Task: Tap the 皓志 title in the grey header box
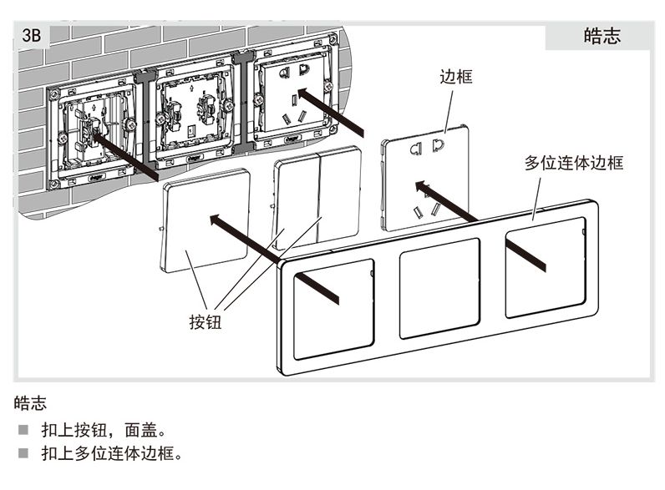[602, 36]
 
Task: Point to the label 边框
[456, 78]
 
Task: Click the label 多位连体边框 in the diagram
[573, 163]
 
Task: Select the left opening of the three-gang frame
[333, 309]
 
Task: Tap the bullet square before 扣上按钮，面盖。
[23, 432]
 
